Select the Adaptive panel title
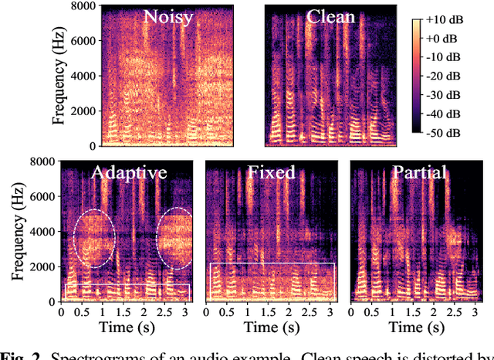coord(128,172)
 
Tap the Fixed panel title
coord(271,172)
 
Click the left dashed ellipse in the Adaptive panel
coord(93,238)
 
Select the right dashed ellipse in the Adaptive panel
coord(174,238)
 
